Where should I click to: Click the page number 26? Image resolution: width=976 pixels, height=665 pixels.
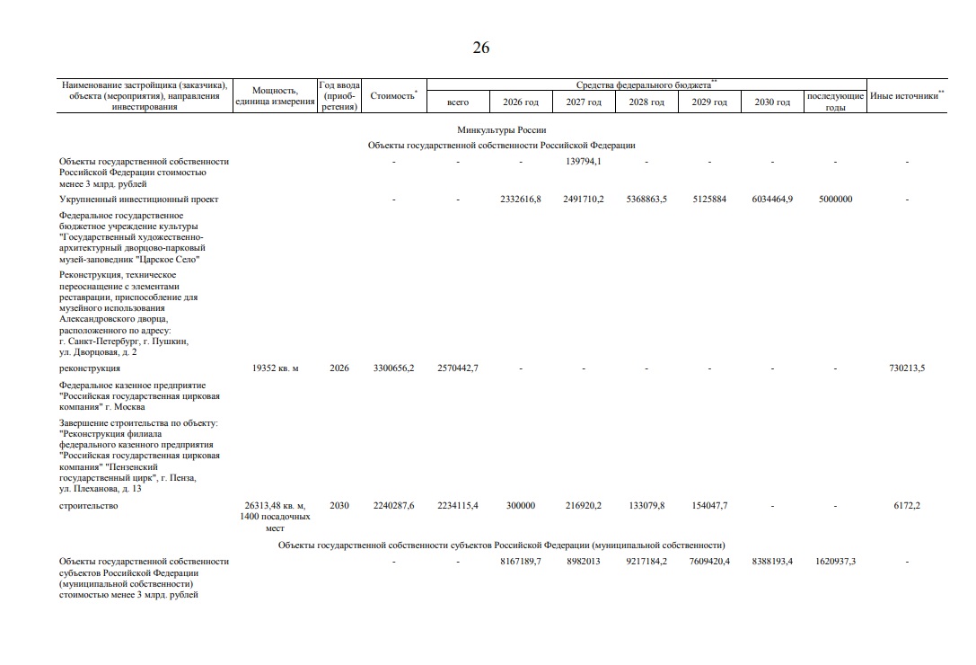coord(481,49)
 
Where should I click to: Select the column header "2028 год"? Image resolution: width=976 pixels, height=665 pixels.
coord(646,102)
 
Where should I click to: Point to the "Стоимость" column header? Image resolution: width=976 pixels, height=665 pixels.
coord(393,96)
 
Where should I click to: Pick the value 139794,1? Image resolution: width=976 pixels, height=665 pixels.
coord(584,162)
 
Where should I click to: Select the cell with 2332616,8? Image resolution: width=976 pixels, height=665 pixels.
coord(521,199)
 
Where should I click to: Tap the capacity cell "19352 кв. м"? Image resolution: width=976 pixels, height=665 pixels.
coord(282,368)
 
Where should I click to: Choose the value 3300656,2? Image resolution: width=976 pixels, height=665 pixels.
coord(393,368)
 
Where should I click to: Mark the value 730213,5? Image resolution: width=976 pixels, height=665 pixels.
coord(907,368)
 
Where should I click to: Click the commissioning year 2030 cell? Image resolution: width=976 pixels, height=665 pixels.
coord(339,506)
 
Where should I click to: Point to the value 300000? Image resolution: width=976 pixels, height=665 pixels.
coord(521,506)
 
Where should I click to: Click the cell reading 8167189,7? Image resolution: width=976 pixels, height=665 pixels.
coord(521,562)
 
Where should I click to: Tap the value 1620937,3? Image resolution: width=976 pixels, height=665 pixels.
coord(834,562)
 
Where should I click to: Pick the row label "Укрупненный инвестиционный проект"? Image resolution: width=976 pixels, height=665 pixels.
coord(139,199)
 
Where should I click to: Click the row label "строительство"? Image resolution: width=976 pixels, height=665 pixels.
coord(89,506)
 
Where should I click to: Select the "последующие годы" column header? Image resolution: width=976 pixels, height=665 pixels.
coord(835,102)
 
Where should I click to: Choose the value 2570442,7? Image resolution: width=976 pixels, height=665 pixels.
coord(458,368)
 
